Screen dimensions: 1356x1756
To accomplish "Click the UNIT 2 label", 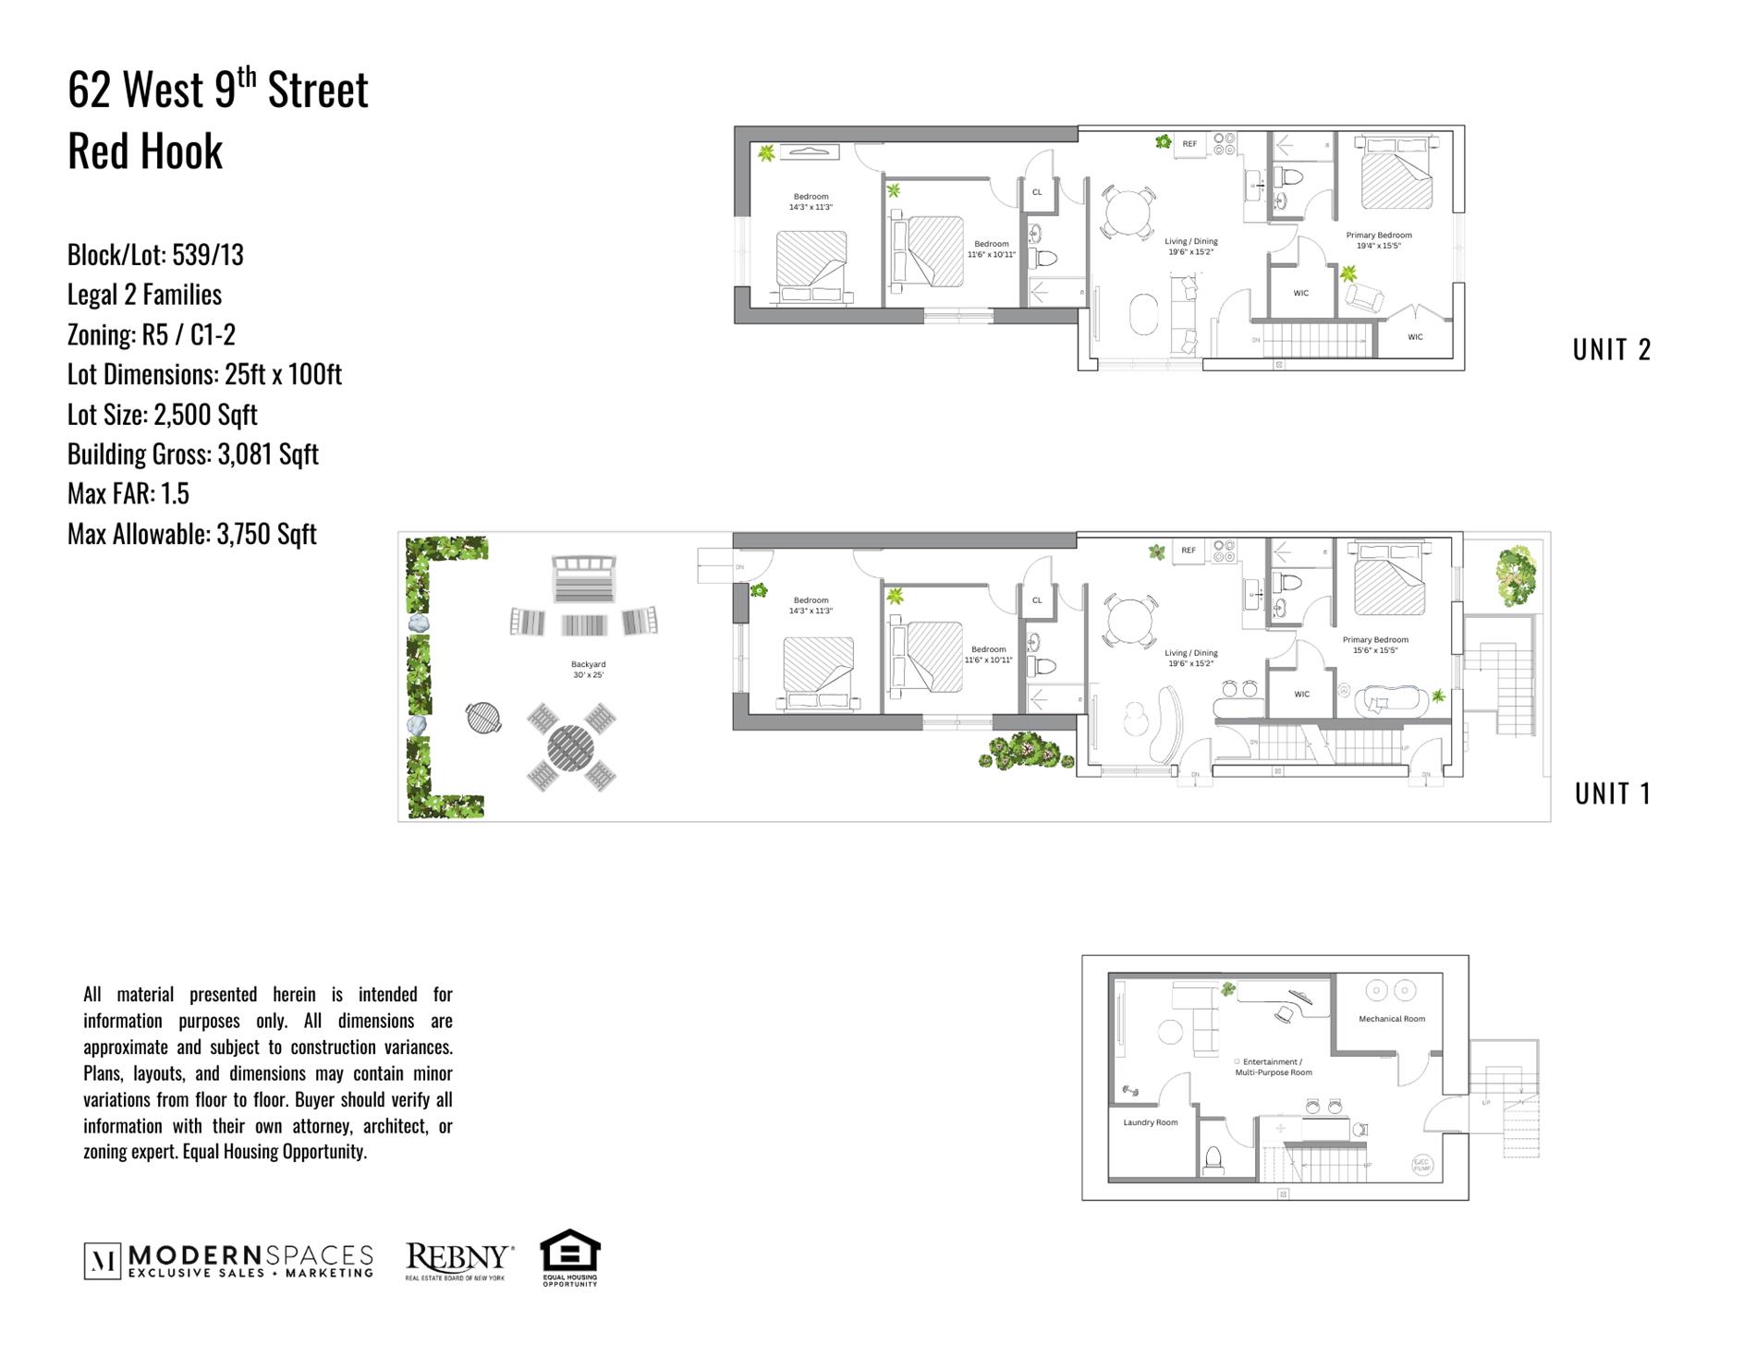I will (x=1611, y=349).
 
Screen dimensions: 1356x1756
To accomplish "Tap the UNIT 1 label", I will (x=1612, y=793).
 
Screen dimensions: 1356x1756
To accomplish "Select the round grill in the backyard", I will (x=482, y=717).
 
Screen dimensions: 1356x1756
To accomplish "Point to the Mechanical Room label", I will (x=1391, y=1019).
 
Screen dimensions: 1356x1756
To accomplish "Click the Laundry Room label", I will (x=1150, y=1122).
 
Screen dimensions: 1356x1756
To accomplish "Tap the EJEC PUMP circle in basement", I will (x=1421, y=1165).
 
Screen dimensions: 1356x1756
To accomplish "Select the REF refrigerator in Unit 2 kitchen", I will (x=1189, y=144).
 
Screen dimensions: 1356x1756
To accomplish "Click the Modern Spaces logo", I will (x=228, y=1261).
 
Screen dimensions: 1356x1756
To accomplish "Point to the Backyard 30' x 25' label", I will (x=588, y=669).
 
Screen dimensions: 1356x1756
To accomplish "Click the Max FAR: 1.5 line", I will (x=128, y=493).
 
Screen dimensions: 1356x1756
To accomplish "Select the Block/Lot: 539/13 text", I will (x=155, y=255).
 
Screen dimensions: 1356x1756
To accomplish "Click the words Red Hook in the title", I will (x=145, y=151).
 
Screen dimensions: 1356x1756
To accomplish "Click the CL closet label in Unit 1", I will (x=1036, y=600).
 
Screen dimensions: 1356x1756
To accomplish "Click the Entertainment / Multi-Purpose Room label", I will (x=1273, y=1067).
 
